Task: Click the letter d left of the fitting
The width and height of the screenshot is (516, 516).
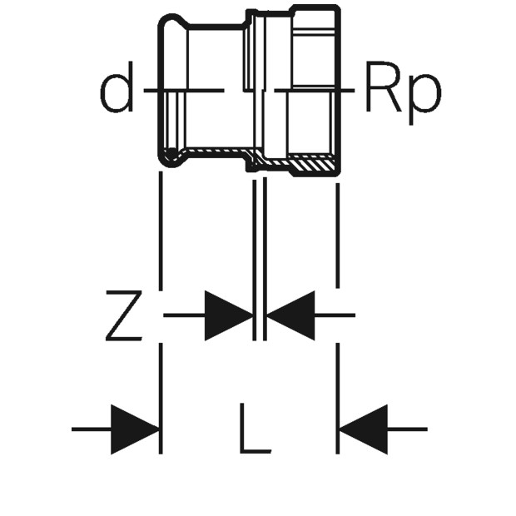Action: (x=117, y=92)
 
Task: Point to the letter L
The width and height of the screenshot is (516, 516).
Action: (x=253, y=429)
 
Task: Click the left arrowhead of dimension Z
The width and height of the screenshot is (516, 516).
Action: (x=228, y=315)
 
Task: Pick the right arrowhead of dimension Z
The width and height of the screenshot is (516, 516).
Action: (x=290, y=315)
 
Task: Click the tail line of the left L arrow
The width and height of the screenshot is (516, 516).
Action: (x=92, y=429)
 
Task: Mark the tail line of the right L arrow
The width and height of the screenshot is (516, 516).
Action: (x=407, y=429)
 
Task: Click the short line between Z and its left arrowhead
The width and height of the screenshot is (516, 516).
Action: (x=184, y=315)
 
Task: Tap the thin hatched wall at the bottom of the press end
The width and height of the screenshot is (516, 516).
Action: (x=208, y=154)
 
